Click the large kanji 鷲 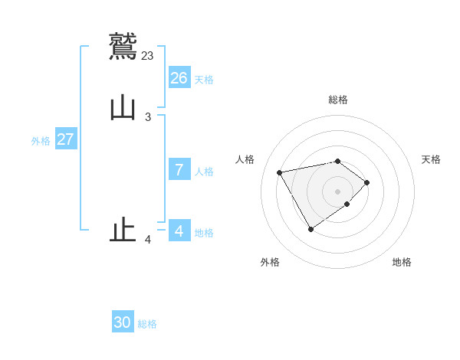pos(123,44)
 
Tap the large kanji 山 pos(123,107)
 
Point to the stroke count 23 pos(148,55)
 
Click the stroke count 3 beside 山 pos(148,117)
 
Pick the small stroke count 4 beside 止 pos(148,240)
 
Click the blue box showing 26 pos(179,78)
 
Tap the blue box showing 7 pos(179,170)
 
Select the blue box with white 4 pos(179,231)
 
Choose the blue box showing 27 pos(66,139)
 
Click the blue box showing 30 pos(123,322)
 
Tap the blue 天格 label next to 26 pos(204,80)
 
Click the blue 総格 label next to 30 pos(147,324)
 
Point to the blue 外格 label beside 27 pos(41,141)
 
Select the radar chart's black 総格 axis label pos(338,100)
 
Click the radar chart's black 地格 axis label pos(402,263)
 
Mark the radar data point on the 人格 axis pos(280,172)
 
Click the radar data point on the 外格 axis pos(310,229)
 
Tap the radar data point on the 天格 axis pos(367,182)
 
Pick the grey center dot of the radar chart pos(338,191)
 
